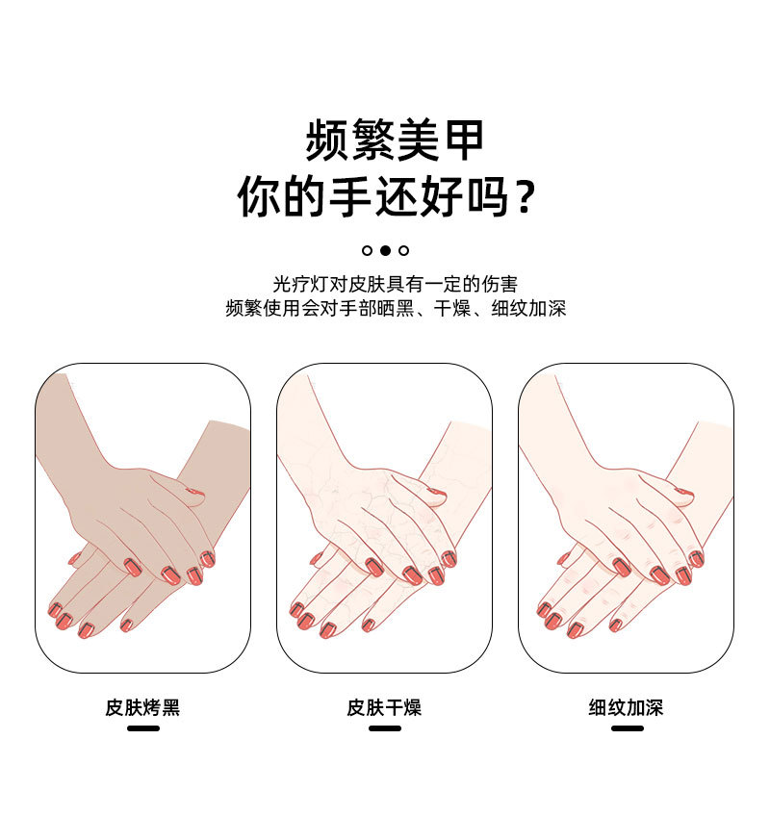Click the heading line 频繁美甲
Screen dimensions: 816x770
395,140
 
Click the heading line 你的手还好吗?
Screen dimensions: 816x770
385,196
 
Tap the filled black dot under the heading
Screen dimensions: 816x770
385,250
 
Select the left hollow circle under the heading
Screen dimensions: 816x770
367,250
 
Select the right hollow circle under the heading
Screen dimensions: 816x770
404,250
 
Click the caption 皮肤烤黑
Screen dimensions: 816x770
142,708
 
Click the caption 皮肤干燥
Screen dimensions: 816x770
384,708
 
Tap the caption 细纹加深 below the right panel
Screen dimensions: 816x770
626,708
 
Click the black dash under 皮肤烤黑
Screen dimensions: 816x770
142,728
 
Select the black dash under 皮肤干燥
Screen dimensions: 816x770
384,728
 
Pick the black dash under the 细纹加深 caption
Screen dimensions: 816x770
627,728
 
